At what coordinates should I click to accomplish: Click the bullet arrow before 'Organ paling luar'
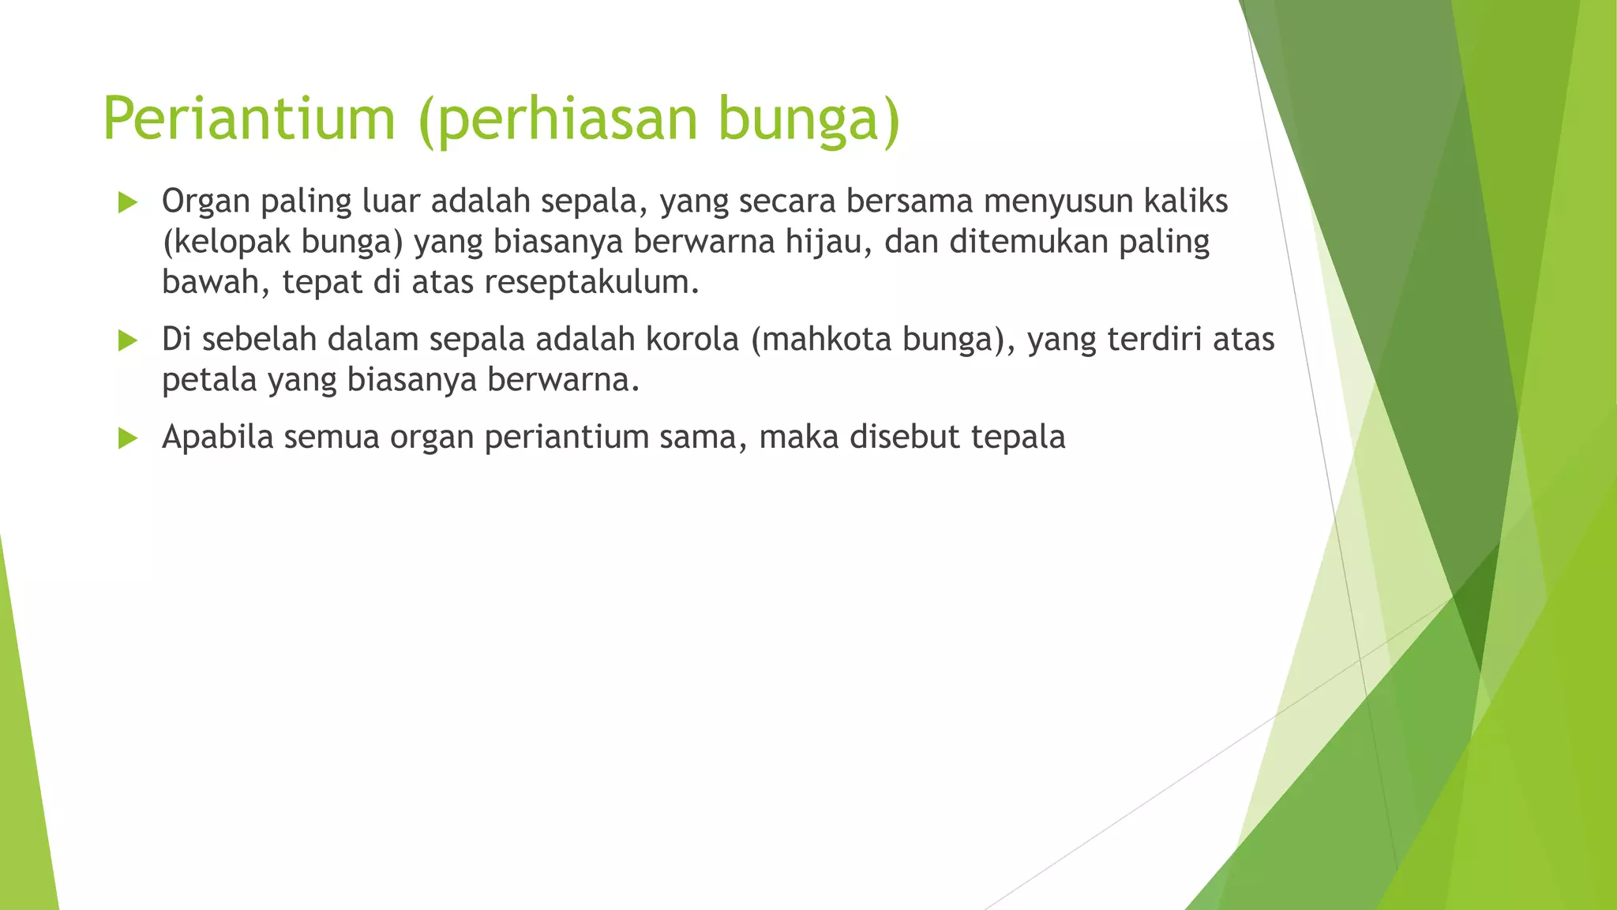click(127, 203)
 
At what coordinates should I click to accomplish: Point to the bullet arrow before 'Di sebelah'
click(127, 340)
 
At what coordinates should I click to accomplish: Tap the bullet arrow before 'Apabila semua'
click(127, 438)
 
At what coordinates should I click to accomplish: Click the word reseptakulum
click(591, 282)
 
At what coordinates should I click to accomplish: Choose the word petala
click(209, 380)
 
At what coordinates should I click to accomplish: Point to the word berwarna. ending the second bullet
click(563, 380)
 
